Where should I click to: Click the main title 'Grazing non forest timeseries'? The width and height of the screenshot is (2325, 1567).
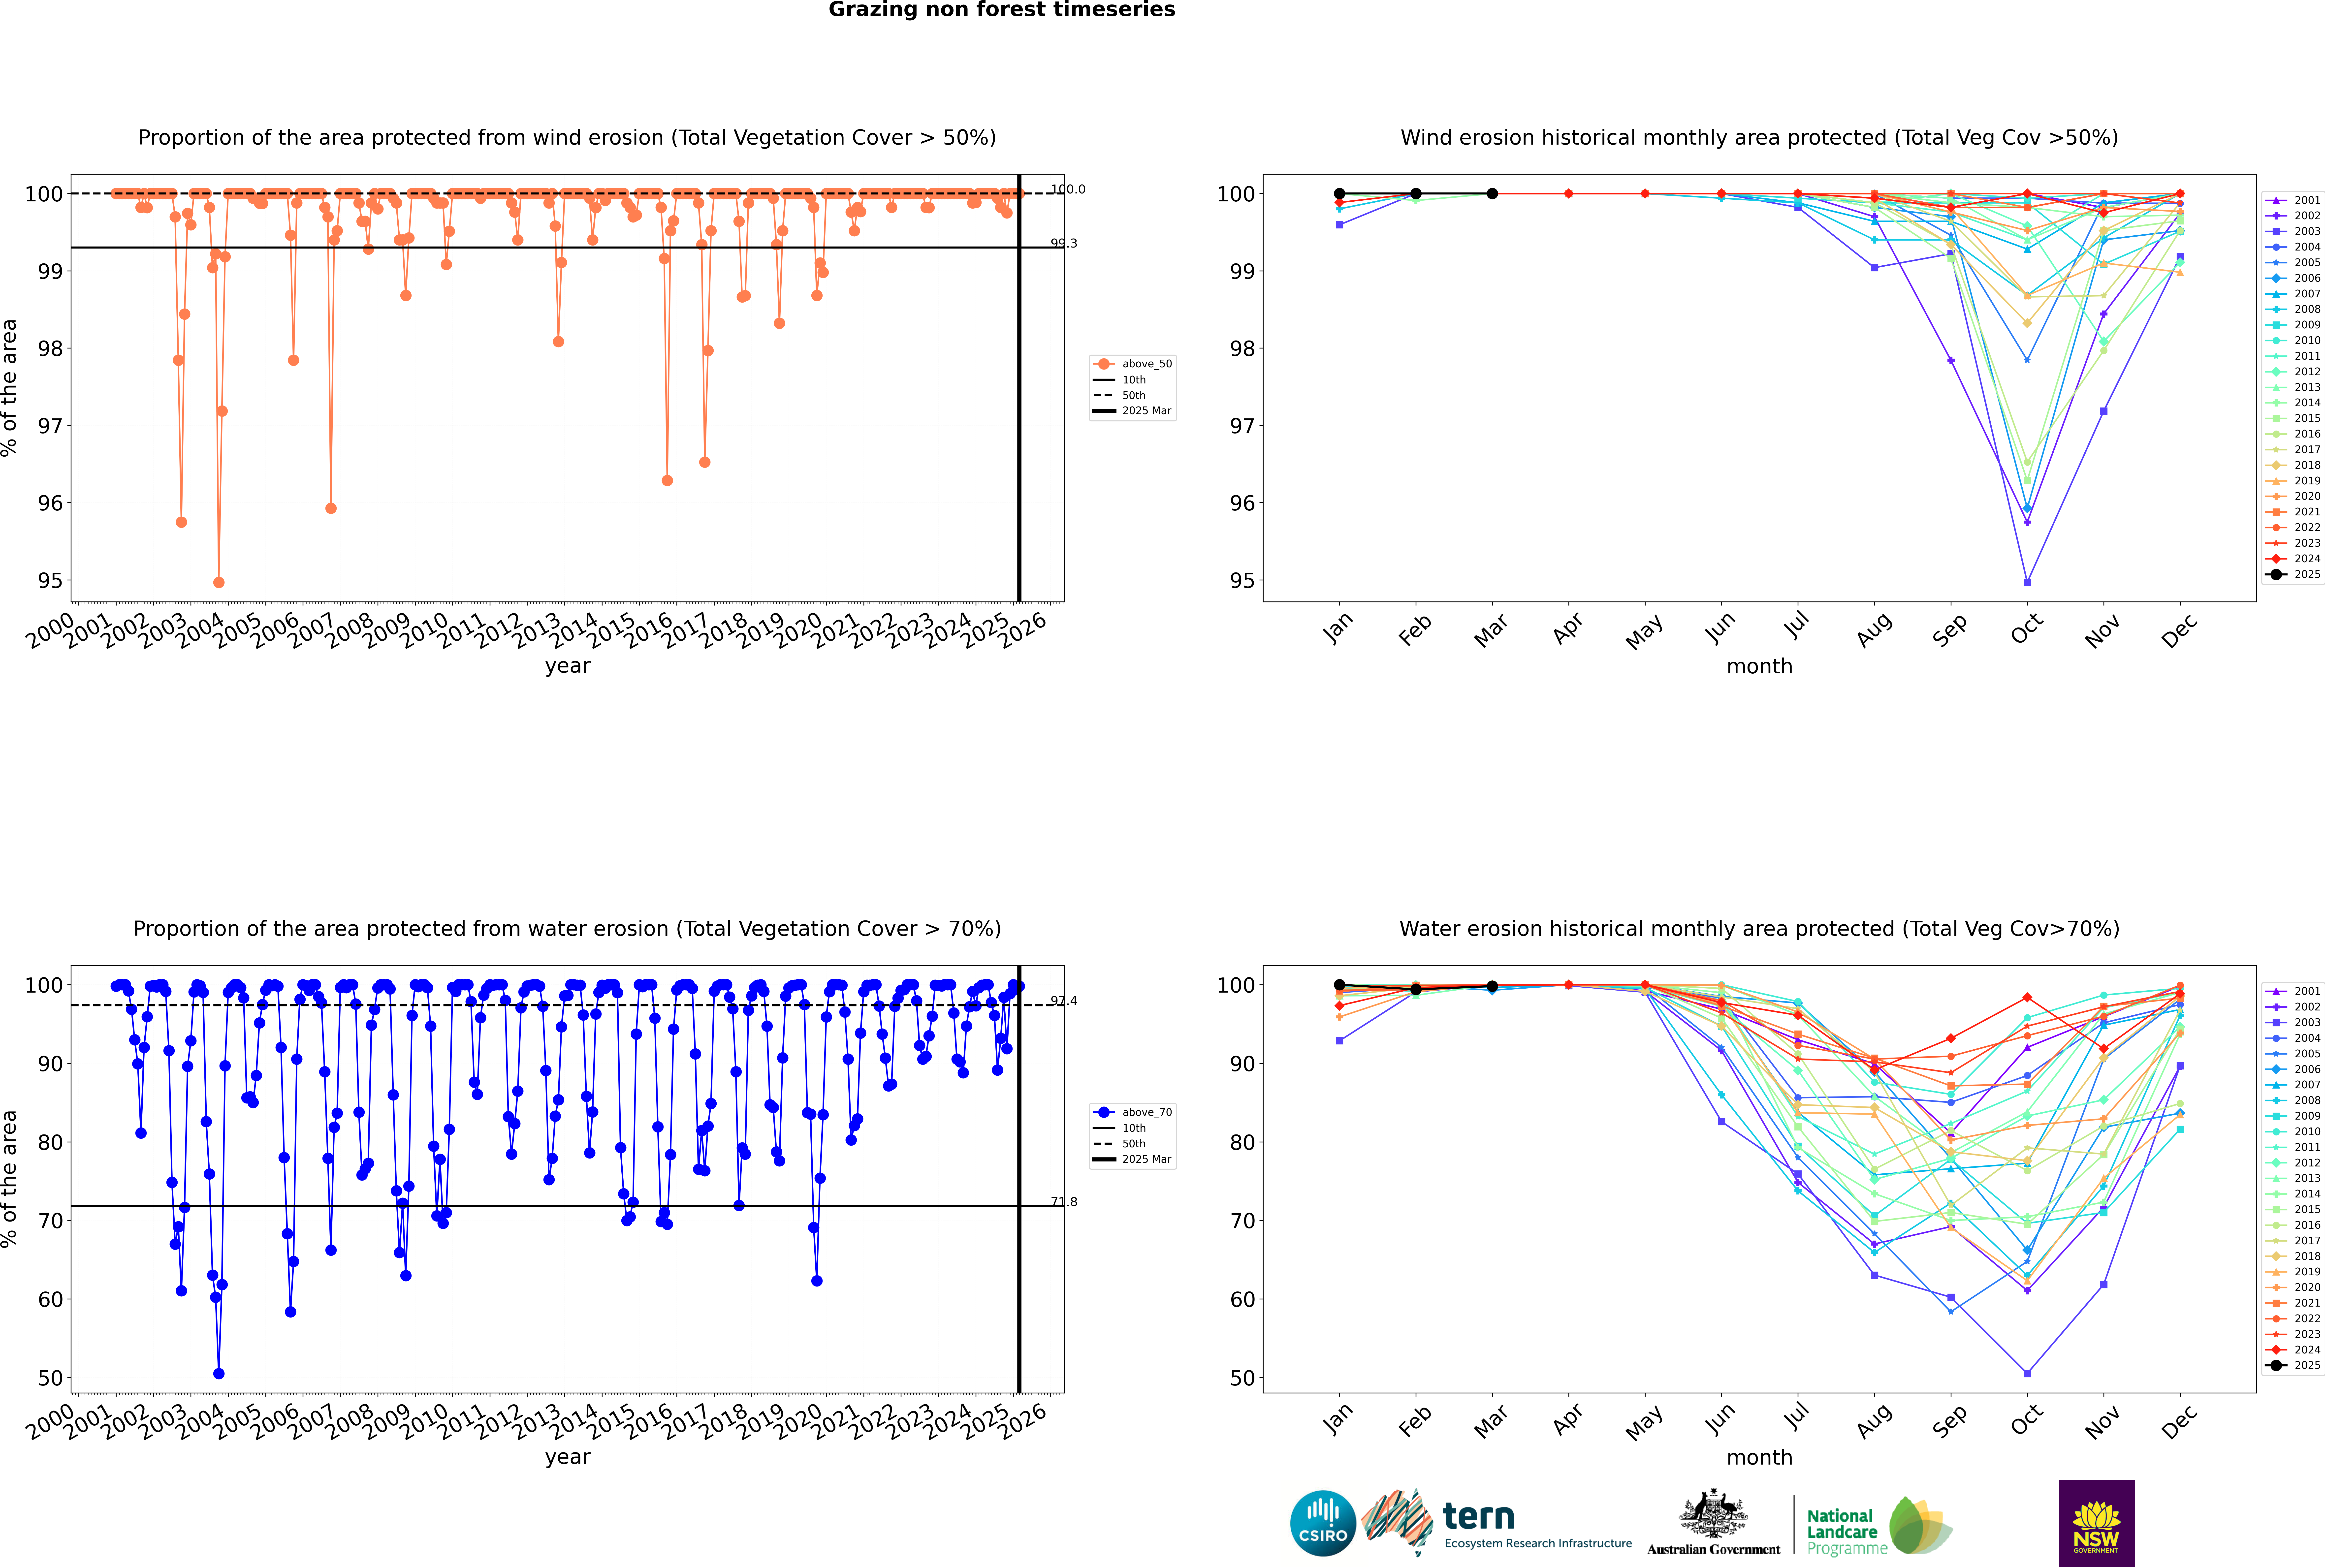pos(1002,10)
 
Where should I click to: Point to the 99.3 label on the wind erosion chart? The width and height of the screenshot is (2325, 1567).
pos(1064,243)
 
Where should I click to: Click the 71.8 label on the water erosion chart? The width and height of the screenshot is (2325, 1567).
pos(1064,1202)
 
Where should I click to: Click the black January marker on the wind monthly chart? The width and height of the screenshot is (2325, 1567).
pos(1339,194)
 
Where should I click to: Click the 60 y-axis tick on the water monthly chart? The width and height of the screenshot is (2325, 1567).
pos(1241,1299)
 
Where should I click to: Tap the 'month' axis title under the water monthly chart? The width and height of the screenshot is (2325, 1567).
pos(1759,1457)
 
